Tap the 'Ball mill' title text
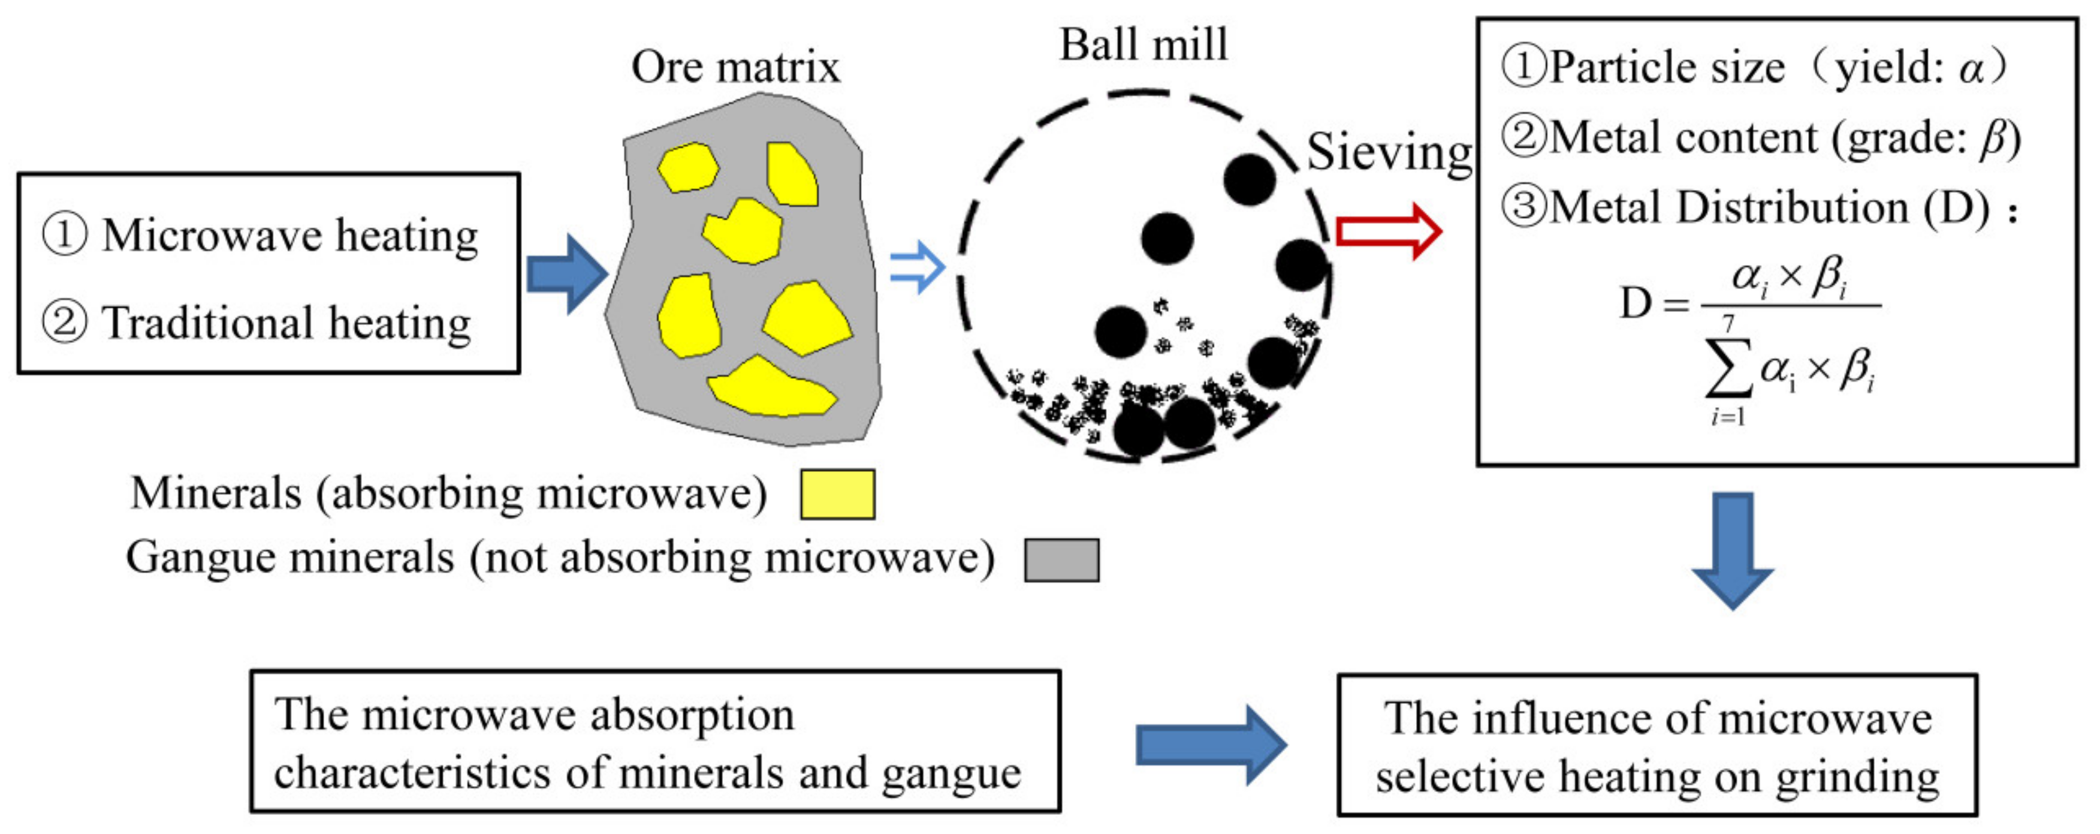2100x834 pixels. pos(1143,46)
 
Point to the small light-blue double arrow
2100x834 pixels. pos(917,267)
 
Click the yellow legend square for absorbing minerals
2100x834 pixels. pos(837,494)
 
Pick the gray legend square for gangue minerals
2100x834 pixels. pos(1061,560)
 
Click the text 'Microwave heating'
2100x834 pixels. pos(290,236)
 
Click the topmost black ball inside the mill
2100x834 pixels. pos(1249,179)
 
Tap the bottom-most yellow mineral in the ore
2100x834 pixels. pos(770,388)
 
